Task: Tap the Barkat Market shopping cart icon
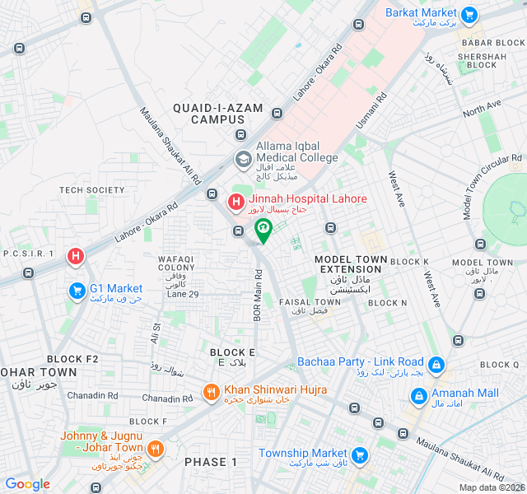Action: (x=470, y=14)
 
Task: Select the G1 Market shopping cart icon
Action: (x=77, y=291)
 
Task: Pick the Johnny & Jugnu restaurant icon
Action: (x=155, y=449)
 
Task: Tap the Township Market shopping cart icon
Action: (x=360, y=454)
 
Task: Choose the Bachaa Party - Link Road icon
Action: (x=436, y=363)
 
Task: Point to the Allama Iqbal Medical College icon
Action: (x=243, y=158)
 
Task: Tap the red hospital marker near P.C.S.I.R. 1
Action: (x=76, y=257)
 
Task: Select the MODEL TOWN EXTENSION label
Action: (x=351, y=264)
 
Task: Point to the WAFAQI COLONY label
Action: (x=177, y=263)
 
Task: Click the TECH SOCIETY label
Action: (x=91, y=190)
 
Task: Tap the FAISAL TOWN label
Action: (x=309, y=302)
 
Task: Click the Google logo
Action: (x=27, y=484)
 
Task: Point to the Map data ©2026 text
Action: (x=491, y=487)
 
